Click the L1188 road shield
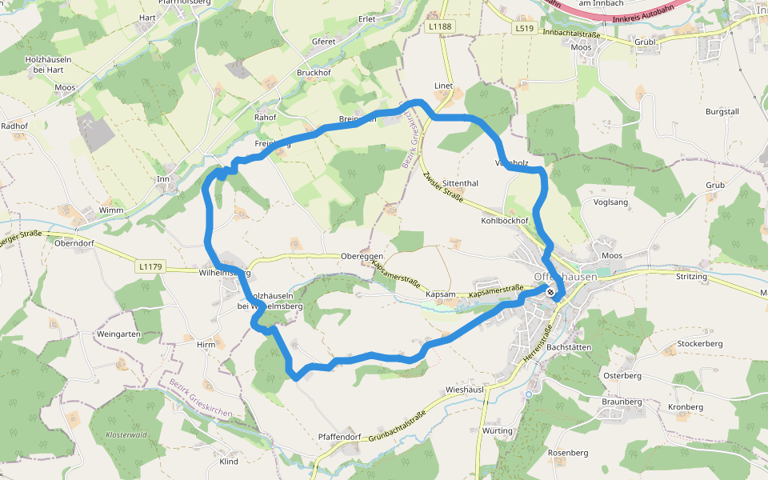click(440, 26)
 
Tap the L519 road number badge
click(524, 28)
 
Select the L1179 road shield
click(150, 266)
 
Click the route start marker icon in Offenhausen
click(551, 292)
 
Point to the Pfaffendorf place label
click(340, 437)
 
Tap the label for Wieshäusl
click(466, 390)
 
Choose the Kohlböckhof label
click(506, 220)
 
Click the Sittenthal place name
click(460, 183)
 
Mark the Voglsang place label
click(612, 202)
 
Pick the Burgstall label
click(722, 112)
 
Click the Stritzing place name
click(692, 277)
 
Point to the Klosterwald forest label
click(126, 435)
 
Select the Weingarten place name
click(118, 334)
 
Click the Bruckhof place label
click(314, 73)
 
